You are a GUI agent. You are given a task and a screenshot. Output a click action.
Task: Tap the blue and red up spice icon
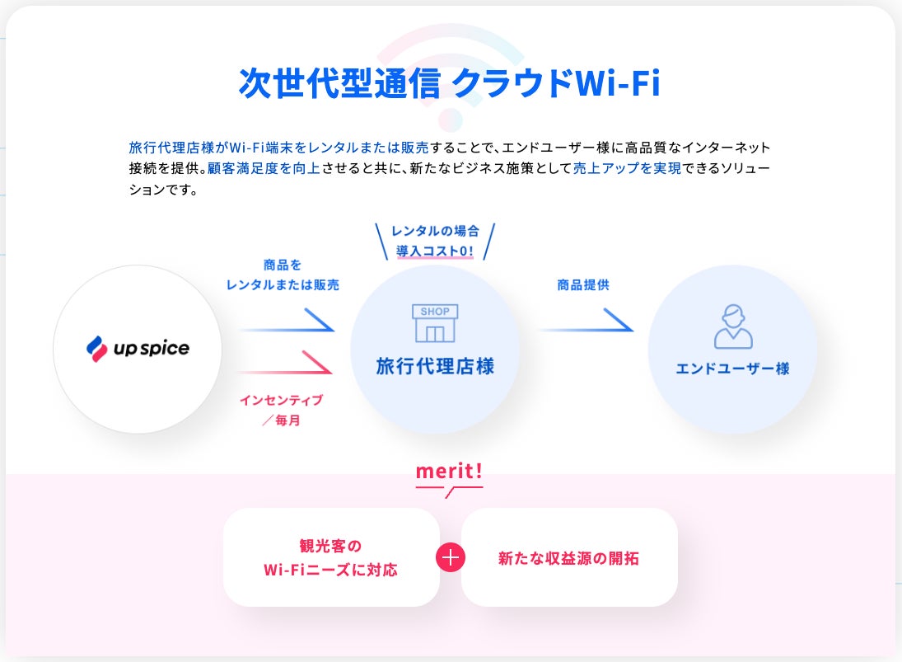point(97,349)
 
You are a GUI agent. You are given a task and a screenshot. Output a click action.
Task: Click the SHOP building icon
point(435,323)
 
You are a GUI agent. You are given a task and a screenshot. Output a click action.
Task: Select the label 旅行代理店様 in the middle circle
point(435,366)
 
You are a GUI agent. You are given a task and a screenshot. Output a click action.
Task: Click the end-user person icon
point(732,326)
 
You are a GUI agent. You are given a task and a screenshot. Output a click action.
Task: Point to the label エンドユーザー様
point(732,369)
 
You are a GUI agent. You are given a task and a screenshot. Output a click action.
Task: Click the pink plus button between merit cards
point(451,557)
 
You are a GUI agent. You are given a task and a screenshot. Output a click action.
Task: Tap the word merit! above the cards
point(449,472)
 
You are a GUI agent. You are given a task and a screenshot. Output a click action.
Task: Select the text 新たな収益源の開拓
point(568,558)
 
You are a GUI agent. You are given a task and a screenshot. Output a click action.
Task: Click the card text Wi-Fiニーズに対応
point(330,570)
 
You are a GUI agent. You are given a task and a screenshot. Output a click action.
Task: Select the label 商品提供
point(583,285)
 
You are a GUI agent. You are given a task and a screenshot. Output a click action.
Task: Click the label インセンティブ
point(282,401)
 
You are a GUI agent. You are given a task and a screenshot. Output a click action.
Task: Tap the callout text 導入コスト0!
point(436,249)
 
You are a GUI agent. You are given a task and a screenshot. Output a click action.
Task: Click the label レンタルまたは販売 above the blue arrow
point(283,284)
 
